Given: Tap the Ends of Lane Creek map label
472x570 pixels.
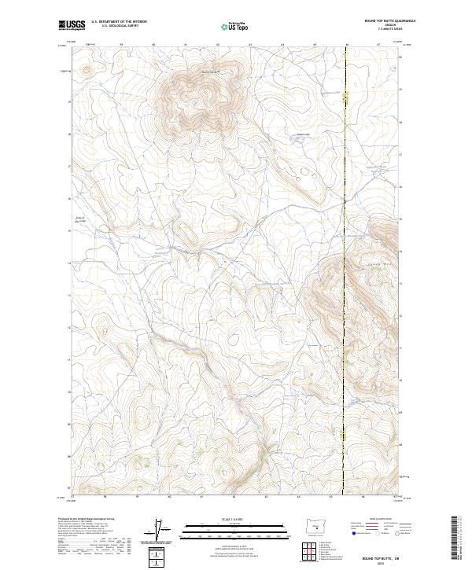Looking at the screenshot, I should [79, 220].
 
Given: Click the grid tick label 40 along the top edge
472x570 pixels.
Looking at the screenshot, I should [153, 45].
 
